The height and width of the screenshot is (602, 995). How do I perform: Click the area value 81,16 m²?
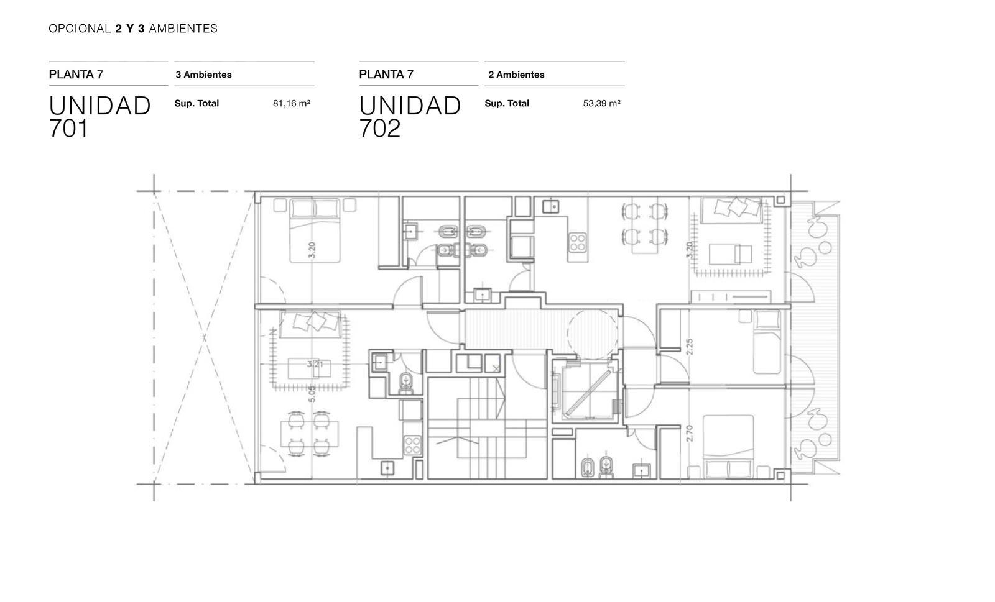292,103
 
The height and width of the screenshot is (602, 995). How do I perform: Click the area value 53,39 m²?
601,103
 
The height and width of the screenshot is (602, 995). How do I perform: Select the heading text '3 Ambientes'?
203,75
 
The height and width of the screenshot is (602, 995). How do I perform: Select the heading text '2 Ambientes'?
516,75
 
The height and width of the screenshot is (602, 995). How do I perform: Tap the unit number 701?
69,129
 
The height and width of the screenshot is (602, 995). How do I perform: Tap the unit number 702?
380,129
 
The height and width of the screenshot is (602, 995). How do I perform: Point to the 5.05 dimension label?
312,394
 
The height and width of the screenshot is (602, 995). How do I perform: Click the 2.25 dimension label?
689,347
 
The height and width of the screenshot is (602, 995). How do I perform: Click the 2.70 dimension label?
689,433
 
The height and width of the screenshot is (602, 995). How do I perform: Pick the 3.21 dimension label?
315,364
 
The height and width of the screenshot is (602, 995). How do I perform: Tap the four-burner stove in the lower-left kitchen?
412,445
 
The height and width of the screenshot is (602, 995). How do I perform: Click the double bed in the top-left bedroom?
315,230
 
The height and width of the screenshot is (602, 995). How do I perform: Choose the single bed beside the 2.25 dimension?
767,342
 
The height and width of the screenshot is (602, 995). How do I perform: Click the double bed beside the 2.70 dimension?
728,446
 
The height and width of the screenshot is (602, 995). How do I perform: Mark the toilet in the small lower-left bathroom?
405,384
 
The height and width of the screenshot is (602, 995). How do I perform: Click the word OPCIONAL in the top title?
80,29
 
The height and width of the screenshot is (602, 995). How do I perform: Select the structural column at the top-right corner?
781,199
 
